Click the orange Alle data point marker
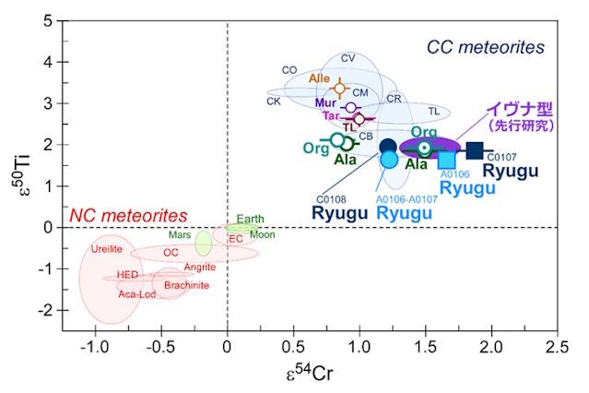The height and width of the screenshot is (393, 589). coord(340,89)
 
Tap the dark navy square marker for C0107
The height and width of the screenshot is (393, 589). coord(475,150)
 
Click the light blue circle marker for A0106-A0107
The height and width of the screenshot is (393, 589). coord(389,159)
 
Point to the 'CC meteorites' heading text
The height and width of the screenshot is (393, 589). coord(485,46)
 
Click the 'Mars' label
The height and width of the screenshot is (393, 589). coord(180,234)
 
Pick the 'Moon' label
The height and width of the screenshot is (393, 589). coord(263,234)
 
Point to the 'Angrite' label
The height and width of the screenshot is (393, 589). coord(200,267)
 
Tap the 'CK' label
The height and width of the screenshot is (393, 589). coord(274,101)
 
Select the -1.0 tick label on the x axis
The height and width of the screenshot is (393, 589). coord(93,349)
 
